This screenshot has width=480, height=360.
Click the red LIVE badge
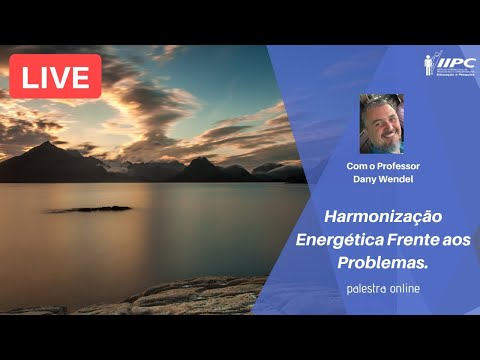(x=55, y=76)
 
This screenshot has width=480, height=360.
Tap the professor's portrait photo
(x=382, y=123)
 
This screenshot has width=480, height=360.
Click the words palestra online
(x=377, y=289)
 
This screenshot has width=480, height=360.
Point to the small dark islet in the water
(x=93, y=209)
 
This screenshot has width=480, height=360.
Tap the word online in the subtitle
(x=399, y=289)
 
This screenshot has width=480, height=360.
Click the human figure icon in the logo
(x=429, y=64)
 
